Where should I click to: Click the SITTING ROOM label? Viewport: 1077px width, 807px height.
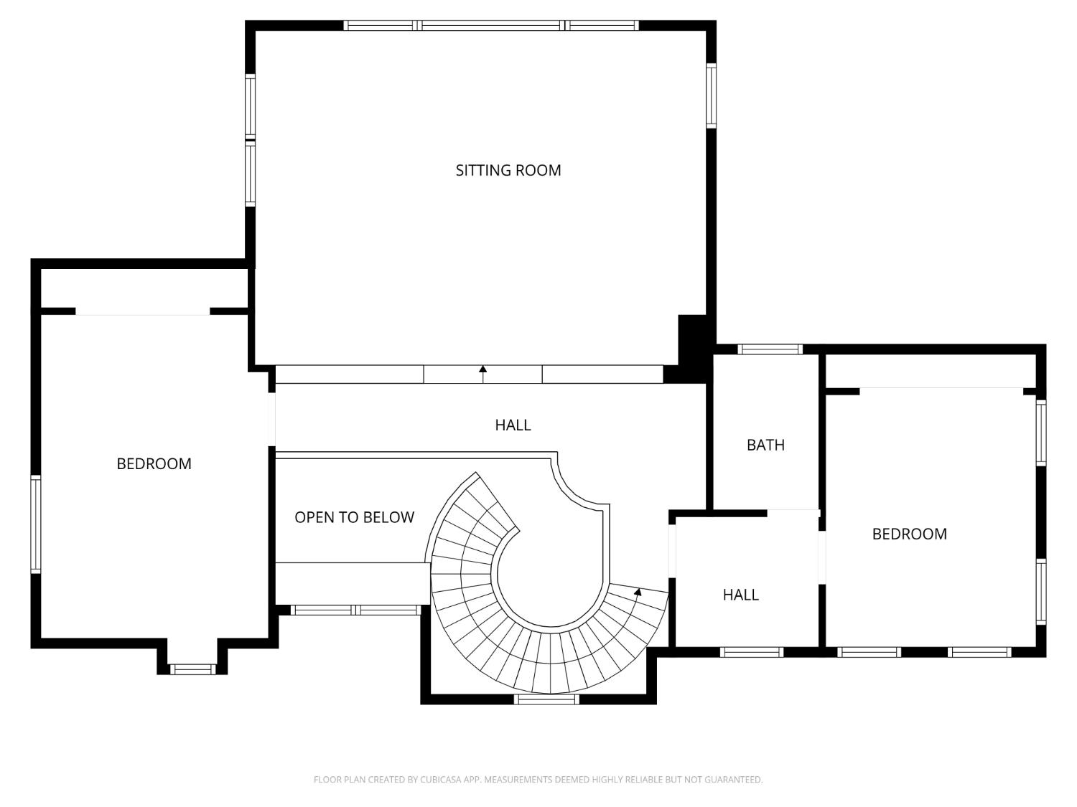coord(508,171)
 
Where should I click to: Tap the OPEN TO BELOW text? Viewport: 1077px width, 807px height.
coord(354,517)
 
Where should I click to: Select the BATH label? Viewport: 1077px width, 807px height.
coord(765,445)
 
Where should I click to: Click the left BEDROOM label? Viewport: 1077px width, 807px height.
coord(154,463)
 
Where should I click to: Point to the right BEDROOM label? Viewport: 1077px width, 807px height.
coord(909,534)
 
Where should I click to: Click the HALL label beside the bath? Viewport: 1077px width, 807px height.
coord(740,595)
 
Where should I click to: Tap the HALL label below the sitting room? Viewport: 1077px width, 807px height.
coord(513,425)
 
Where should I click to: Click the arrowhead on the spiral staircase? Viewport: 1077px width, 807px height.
coord(638,592)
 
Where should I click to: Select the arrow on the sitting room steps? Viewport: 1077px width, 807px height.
coord(482,374)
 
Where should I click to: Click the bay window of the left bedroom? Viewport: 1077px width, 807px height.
coord(192,669)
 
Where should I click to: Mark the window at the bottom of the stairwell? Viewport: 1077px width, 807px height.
coord(546,699)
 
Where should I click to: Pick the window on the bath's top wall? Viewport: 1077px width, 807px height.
coord(770,349)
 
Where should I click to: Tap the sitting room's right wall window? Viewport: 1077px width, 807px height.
coord(711,95)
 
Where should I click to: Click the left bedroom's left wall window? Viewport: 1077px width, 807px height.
coord(36,524)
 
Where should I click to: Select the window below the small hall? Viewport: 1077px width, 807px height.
coord(752,652)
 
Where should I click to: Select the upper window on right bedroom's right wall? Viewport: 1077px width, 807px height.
coord(1040,433)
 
